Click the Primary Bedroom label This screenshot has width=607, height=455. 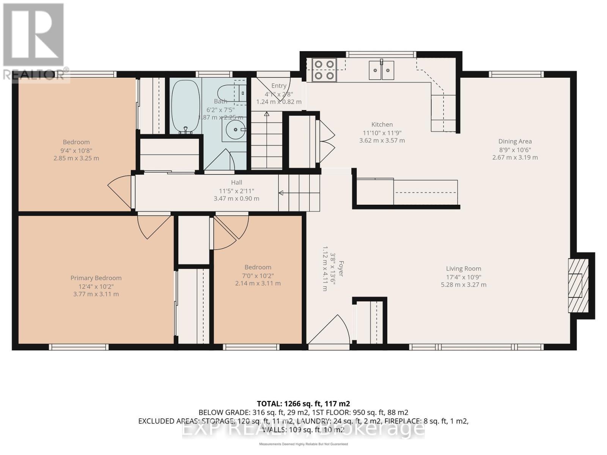coord(96,278)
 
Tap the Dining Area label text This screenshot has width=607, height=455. coord(515,141)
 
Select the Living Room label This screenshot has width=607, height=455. coord(463,268)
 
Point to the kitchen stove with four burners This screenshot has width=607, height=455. coord(324,70)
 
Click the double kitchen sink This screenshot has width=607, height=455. coord(381,71)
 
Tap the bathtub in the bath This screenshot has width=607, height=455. coord(186,106)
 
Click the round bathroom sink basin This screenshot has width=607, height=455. coord(234,130)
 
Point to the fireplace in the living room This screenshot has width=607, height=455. coord(577,286)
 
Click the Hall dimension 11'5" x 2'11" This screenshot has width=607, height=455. coord(236,191)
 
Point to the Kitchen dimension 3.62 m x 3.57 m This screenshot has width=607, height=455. coord(382,140)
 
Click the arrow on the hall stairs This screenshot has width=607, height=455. coord(281,193)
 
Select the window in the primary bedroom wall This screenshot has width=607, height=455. coord(79,347)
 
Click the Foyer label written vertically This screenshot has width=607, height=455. coord(341,268)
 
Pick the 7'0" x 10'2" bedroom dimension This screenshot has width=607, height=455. coord(258,276)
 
